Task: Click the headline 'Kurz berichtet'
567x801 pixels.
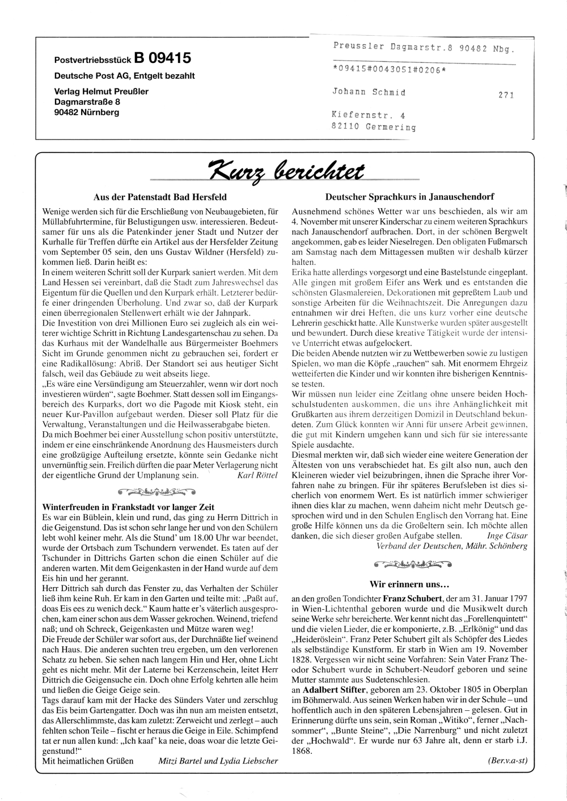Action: point(287,170)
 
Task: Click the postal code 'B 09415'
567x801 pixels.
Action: point(163,58)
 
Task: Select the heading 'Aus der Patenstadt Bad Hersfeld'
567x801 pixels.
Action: point(160,197)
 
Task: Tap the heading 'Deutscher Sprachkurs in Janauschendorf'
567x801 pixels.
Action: point(409,197)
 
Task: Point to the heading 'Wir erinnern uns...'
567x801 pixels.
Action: point(409,583)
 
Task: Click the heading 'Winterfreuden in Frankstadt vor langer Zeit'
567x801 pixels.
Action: point(129,507)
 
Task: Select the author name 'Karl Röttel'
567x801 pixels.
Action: point(257,475)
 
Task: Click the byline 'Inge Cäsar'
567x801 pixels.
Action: point(507,535)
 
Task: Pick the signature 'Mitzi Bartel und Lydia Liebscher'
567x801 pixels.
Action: point(218,761)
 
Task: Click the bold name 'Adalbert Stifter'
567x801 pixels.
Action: point(333,690)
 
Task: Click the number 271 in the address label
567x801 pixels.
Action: point(506,95)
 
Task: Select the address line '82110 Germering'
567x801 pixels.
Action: point(374,127)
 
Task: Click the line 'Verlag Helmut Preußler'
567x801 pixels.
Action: point(101,91)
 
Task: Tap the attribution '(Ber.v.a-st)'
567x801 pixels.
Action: point(507,761)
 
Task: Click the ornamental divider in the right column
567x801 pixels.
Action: point(409,565)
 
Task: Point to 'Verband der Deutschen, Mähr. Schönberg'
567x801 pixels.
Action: point(452,546)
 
